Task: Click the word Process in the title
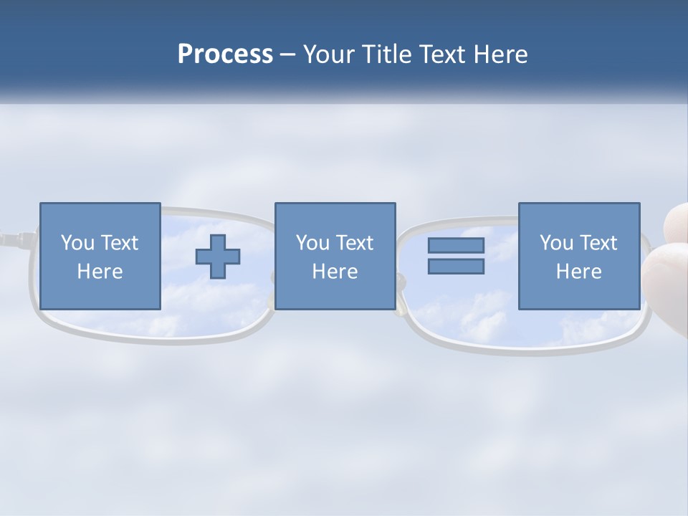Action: click(225, 54)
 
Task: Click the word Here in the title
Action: click(501, 54)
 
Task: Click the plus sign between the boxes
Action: click(218, 257)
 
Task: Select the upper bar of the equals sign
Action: click(456, 246)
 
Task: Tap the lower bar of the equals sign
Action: click(456, 267)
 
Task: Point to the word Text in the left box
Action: click(119, 243)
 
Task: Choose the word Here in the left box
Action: click(100, 272)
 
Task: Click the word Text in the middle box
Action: click(354, 243)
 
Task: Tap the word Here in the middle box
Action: click(335, 272)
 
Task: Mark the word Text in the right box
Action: click(598, 243)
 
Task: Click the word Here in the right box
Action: click(578, 272)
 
